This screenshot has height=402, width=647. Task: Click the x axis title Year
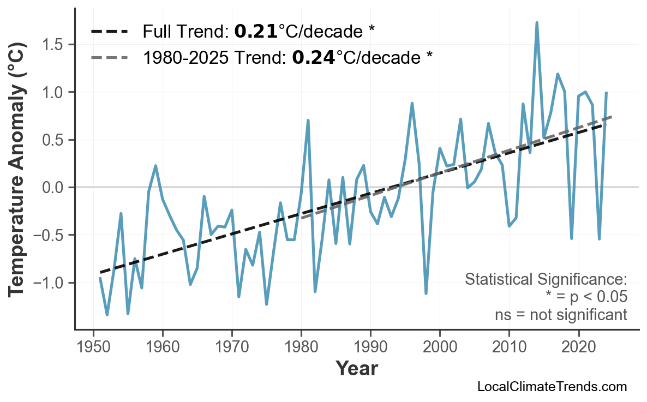[x=356, y=369]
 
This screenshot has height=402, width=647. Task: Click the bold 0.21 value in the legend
[x=256, y=32]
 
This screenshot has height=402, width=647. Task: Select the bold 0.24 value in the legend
[x=313, y=57]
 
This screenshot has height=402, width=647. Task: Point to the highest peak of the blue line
[x=537, y=23]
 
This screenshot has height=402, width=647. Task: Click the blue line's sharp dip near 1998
[x=426, y=293]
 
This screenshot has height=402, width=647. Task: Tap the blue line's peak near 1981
[x=308, y=120]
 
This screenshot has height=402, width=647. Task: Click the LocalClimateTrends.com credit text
[x=552, y=387]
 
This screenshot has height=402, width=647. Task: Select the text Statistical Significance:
[x=546, y=279]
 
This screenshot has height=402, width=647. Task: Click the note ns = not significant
[x=560, y=315]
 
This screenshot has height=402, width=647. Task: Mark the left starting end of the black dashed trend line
[x=100, y=272]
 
